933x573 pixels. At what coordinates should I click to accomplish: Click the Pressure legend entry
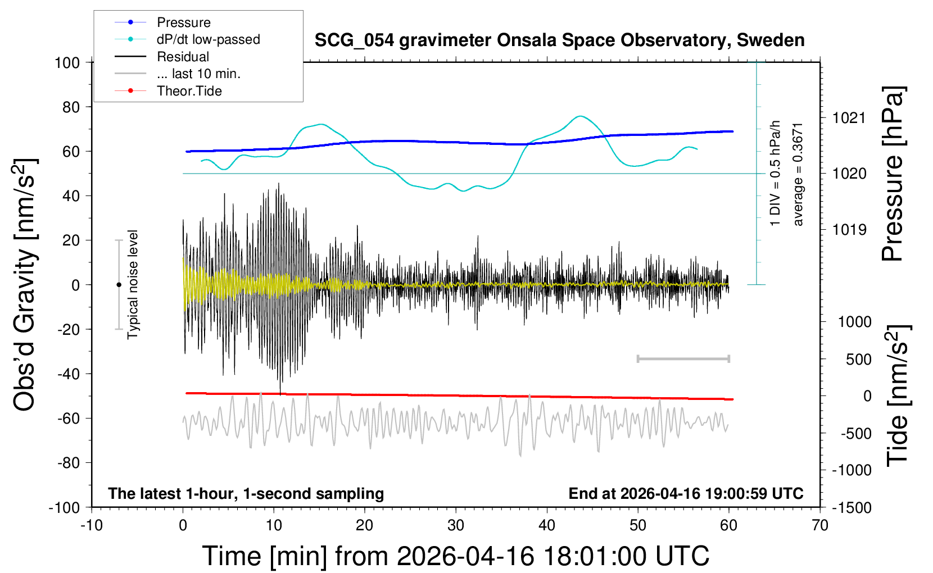coord(183,22)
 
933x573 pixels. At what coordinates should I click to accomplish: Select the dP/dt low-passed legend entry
coord(208,39)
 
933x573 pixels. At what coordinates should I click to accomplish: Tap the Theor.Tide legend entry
coord(189,91)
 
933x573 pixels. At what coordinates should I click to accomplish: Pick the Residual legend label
coord(183,57)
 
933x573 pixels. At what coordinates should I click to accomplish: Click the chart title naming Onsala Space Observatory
coord(559,40)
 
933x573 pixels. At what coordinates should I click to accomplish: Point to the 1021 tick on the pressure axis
coord(849,118)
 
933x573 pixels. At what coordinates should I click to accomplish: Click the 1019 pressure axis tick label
coord(849,229)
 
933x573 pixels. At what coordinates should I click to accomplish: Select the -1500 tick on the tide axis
coord(852,508)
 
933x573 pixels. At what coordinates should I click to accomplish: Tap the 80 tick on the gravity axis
coord(71,107)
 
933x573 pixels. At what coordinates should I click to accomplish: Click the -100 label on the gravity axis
coord(65,508)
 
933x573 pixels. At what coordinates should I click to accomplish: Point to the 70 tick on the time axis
coord(820,526)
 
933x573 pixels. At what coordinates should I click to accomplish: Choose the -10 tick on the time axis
coord(92,526)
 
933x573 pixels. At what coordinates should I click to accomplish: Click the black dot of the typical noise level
coord(119,285)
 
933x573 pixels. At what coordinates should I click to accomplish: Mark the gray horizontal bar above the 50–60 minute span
coord(683,358)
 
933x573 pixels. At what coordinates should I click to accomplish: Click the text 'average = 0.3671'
coord(798,174)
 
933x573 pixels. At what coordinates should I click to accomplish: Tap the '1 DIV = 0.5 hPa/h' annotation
coord(776,173)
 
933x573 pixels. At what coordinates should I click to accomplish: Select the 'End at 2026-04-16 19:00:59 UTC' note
coord(686,493)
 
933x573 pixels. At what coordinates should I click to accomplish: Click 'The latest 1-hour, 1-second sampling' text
coord(246,493)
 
